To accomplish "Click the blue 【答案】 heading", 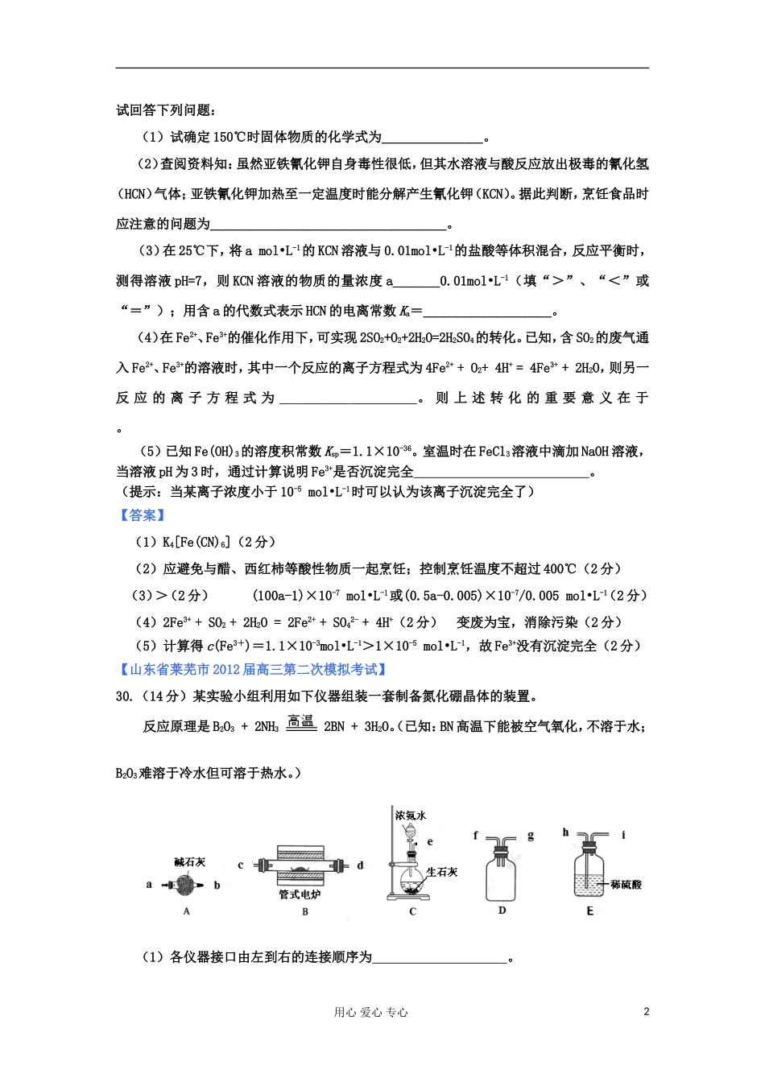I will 143,515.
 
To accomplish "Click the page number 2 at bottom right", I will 647,1012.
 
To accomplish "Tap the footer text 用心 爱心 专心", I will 370,1013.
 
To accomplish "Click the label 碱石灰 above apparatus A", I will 190,862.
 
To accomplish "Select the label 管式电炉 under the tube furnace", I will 300,894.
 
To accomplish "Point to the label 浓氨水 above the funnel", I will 410,816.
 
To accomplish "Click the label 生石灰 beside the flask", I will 442,872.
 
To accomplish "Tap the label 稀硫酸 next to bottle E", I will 626,884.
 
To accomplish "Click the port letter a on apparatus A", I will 149,884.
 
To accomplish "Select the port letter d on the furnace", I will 360,865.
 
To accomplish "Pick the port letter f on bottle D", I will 476,836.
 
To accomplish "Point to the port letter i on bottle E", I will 623,835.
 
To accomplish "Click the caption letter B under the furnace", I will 305,911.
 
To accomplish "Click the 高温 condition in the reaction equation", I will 300,722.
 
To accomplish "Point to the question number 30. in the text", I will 124,696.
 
